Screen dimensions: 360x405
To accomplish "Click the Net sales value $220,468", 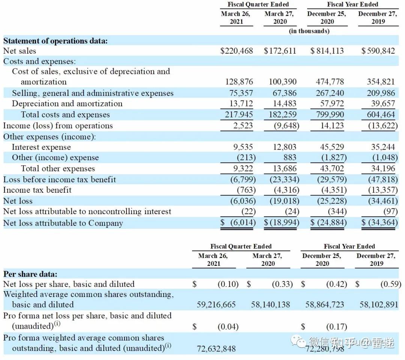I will [237, 51].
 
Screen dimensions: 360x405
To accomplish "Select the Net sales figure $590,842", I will [378, 51].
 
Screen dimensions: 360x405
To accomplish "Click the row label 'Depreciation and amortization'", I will [67, 103].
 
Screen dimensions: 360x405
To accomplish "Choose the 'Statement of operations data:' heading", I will [55, 41].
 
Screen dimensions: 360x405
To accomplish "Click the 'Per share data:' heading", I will [30, 274].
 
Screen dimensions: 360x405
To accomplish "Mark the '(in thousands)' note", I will [309, 31].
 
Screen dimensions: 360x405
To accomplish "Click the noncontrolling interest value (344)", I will [337, 211].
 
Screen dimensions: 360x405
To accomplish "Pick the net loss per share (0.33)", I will [282, 284].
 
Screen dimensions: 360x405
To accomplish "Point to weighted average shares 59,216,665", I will [216, 304].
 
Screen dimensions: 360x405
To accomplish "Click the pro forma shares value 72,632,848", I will [216, 349].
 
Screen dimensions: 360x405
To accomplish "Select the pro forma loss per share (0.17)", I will [336, 327].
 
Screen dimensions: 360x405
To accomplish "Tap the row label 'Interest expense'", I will [41, 147].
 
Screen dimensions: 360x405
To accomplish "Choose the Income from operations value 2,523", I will [243, 126].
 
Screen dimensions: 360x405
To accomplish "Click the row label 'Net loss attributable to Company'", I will [63, 223].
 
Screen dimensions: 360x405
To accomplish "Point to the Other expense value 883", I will [290, 157].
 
